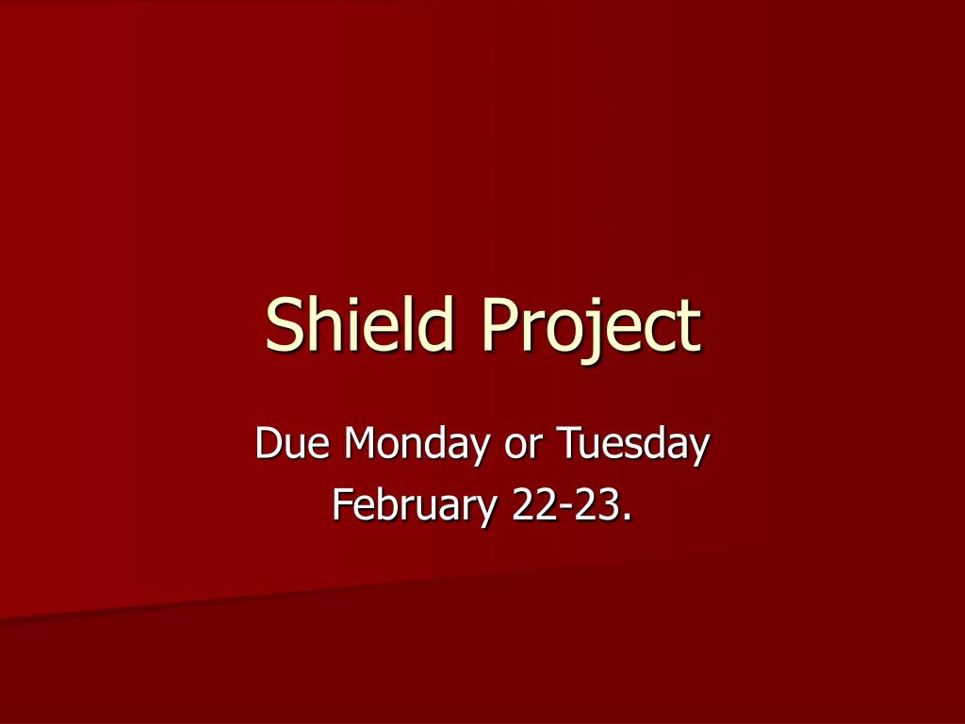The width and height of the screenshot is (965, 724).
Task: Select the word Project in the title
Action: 591,325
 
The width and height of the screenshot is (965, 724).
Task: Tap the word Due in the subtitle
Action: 291,444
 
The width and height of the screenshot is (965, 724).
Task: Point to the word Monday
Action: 417,444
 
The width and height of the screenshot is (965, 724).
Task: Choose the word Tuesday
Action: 631,444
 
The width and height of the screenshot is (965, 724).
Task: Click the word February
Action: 414,506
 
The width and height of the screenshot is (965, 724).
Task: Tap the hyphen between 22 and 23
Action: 565,509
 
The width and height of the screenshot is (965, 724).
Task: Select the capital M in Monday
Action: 362,444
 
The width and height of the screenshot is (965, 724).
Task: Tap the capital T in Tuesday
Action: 566,444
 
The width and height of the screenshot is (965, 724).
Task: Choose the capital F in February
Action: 342,505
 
